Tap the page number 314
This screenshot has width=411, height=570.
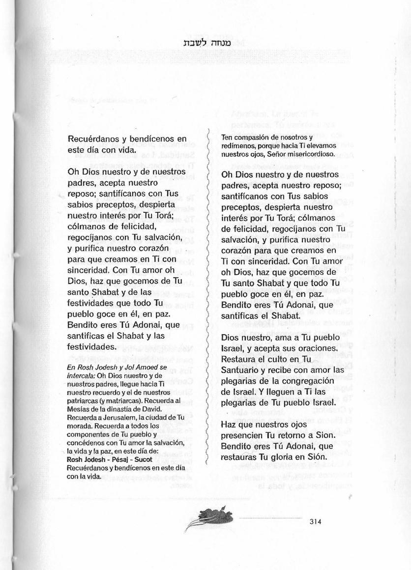tap(316, 522)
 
